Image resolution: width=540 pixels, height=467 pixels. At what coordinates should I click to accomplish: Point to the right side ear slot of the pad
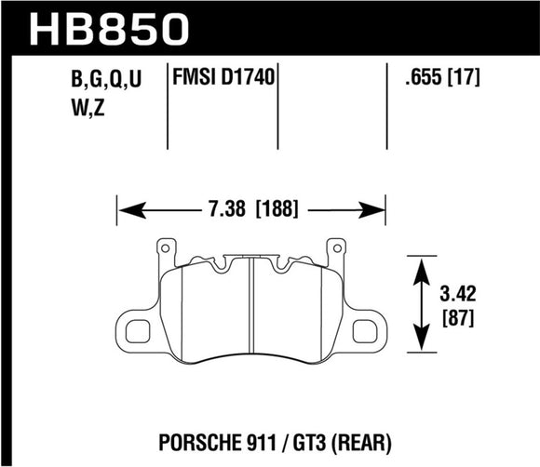pyautogui.click(x=359, y=329)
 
